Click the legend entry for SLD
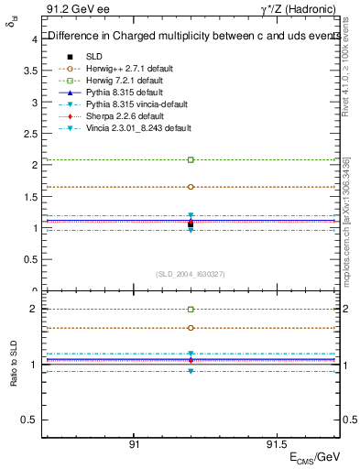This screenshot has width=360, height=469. [93, 56]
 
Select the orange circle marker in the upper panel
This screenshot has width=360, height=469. [191, 187]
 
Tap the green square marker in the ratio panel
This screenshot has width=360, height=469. [191, 310]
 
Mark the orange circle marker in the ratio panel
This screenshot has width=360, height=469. [191, 328]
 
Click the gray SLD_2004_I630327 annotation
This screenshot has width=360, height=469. [191, 274]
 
